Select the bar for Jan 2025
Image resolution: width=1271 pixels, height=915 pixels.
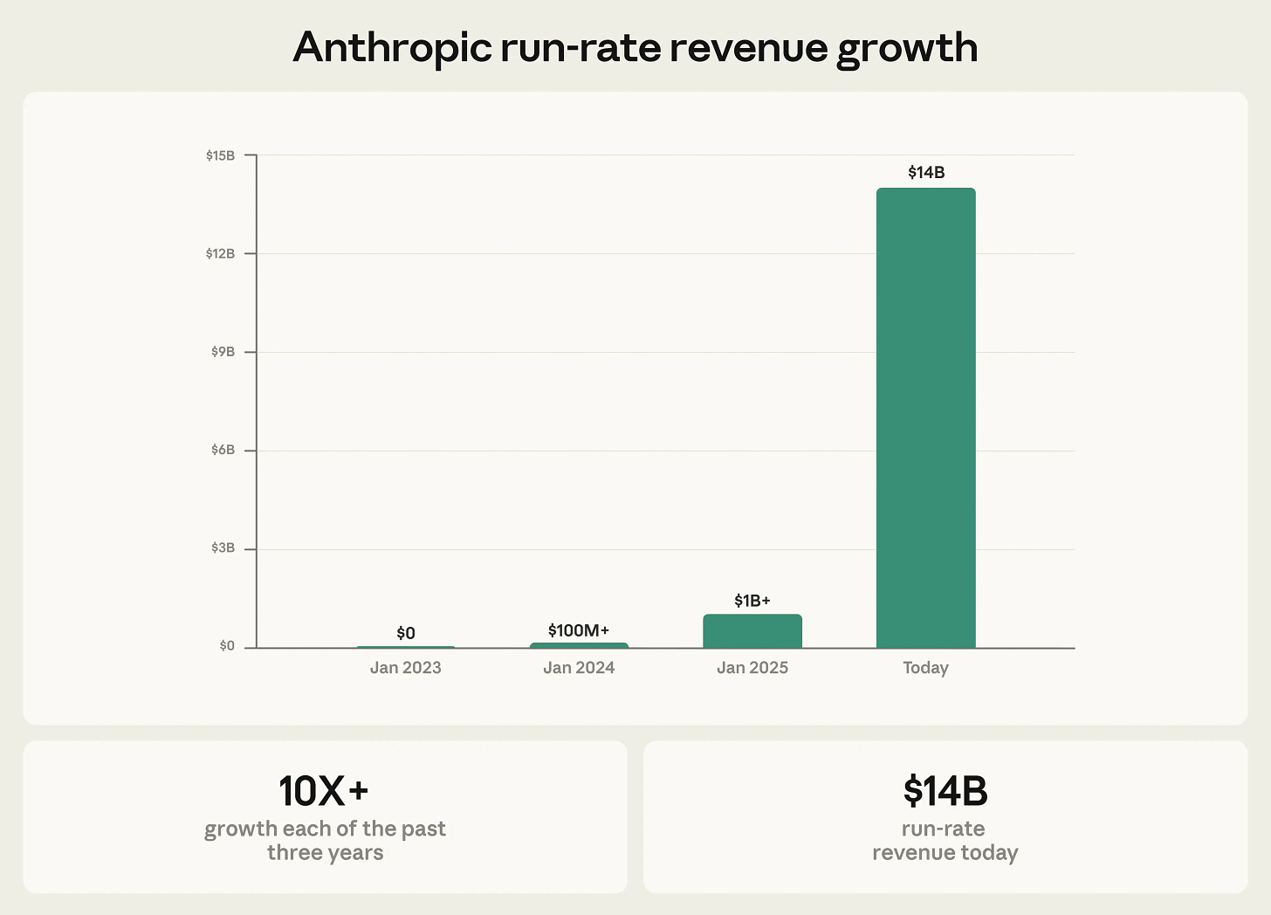pyautogui.click(x=752, y=631)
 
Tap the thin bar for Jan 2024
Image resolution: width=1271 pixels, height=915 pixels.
pyautogui.click(x=579, y=645)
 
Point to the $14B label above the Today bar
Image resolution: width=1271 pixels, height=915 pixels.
pyautogui.click(x=926, y=173)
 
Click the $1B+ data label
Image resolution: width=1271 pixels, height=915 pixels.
pyautogui.click(x=752, y=601)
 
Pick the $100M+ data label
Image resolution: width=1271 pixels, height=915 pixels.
pyautogui.click(x=579, y=630)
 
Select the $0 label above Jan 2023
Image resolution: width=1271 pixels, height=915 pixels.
pyautogui.click(x=406, y=633)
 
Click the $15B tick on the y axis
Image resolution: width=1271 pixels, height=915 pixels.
pyautogui.click(x=221, y=155)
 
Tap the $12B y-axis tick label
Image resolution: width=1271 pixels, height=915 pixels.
pyautogui.click(x=221, y=254)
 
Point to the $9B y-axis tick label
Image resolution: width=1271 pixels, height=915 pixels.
pyautogui.click(x=223, y=352)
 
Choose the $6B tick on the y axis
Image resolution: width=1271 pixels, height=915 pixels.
pyautogui.click(x=223, y=451)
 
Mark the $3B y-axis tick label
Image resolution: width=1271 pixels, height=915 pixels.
pyautogui.click(x=223, y=548)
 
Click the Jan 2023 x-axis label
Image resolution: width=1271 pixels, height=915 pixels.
pyautogui.click(x=406, y=668)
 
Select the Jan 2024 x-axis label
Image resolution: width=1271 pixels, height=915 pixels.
pyautogui.click(x=579, y=668)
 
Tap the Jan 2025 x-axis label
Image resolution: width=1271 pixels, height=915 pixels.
pyautogui.click(x=752, y=668)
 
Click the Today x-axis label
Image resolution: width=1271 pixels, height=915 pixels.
pyautogui.click(x=925, y=668)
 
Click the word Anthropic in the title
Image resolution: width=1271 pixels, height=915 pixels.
pyautogui.click(x=392, y=48)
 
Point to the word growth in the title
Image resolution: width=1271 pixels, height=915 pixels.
pyautogui.click(x=907, y=48)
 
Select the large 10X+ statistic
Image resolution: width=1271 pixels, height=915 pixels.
pyautogui.click(x=324, y=791)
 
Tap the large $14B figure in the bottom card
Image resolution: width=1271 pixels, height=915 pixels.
pyautogui.click(x=945, y=791)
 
